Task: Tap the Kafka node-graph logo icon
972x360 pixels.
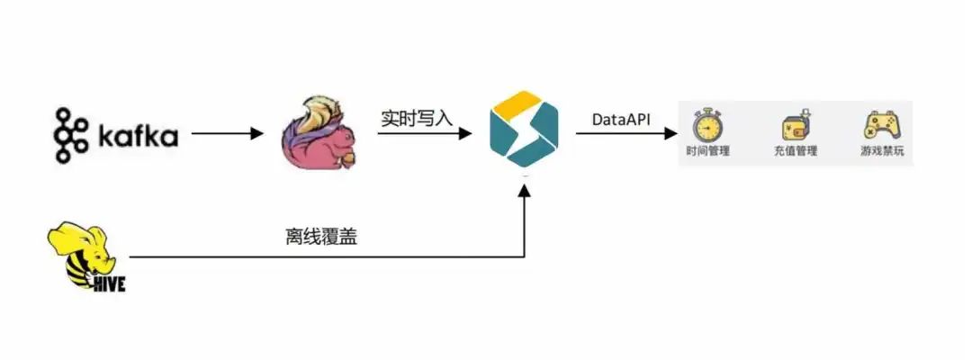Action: click(70, 135)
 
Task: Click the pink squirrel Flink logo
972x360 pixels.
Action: click(319, 135)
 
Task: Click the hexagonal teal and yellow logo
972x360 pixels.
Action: click(524, 133)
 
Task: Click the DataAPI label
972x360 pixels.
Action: click(621, 119)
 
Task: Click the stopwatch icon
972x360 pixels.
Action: click(707, 124)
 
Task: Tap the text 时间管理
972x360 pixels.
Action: click(707, 151)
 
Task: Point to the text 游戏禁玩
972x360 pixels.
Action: click(879, 151)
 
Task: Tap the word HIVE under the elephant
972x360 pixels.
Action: click(106, 284)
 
